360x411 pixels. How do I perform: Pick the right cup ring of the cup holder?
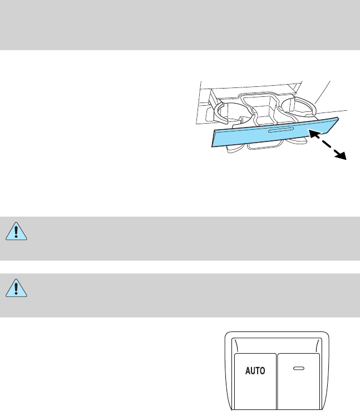(x=298, y=105)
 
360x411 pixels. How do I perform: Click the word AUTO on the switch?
(x=255, y=369)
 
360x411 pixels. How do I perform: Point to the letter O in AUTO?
(x=263, y=369)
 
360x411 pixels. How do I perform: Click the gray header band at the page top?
(x=180, y=25)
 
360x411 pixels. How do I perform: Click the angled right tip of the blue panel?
(x=335, y=124)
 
